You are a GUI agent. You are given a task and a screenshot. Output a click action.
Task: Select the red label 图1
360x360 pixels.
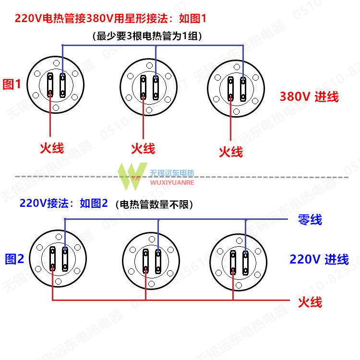point(12,85)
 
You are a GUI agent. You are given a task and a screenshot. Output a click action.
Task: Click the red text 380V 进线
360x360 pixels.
point(309,97)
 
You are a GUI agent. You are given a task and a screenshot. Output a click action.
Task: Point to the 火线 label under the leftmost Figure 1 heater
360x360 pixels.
point(51,147)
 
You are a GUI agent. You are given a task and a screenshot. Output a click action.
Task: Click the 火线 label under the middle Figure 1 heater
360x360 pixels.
point(143,148)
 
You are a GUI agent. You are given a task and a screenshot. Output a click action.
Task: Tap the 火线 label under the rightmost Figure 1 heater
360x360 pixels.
point(231,152)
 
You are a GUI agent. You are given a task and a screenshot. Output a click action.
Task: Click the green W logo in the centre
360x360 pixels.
point(133,175)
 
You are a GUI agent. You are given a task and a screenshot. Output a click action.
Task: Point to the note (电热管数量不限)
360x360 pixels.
point(154,204)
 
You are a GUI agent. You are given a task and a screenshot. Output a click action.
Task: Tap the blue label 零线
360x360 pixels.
point(310,220)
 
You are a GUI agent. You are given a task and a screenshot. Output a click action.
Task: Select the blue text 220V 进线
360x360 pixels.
point(319,260)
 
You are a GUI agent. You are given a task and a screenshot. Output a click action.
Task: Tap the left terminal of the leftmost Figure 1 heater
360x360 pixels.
point(51,85)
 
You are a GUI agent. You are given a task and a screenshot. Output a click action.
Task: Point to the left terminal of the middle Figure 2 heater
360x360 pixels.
point(145,261)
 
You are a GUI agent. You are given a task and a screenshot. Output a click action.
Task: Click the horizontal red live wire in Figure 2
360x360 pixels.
point(168,300)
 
